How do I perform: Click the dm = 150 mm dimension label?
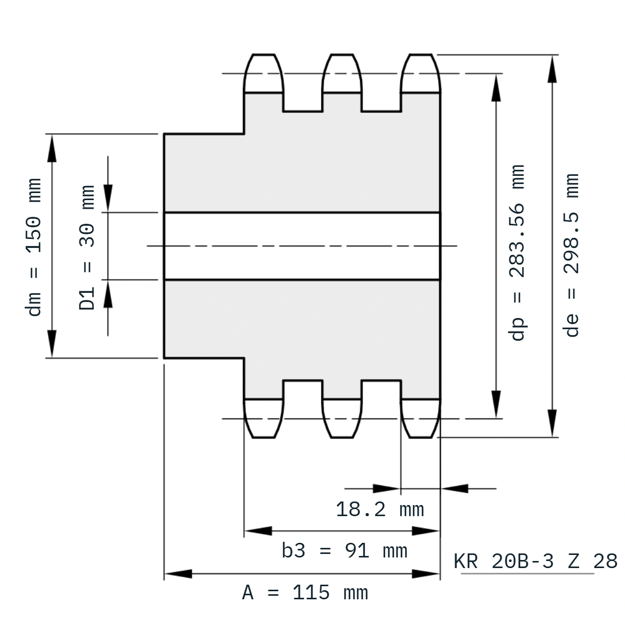[33, 247]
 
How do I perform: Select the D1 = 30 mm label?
[87, 247]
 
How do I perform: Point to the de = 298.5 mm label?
[571, 255]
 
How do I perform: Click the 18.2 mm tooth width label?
[380, 510]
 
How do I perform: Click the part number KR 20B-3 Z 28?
[535, 561]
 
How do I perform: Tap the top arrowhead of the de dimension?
[552, 69]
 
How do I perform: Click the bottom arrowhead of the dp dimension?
[496, 404]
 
